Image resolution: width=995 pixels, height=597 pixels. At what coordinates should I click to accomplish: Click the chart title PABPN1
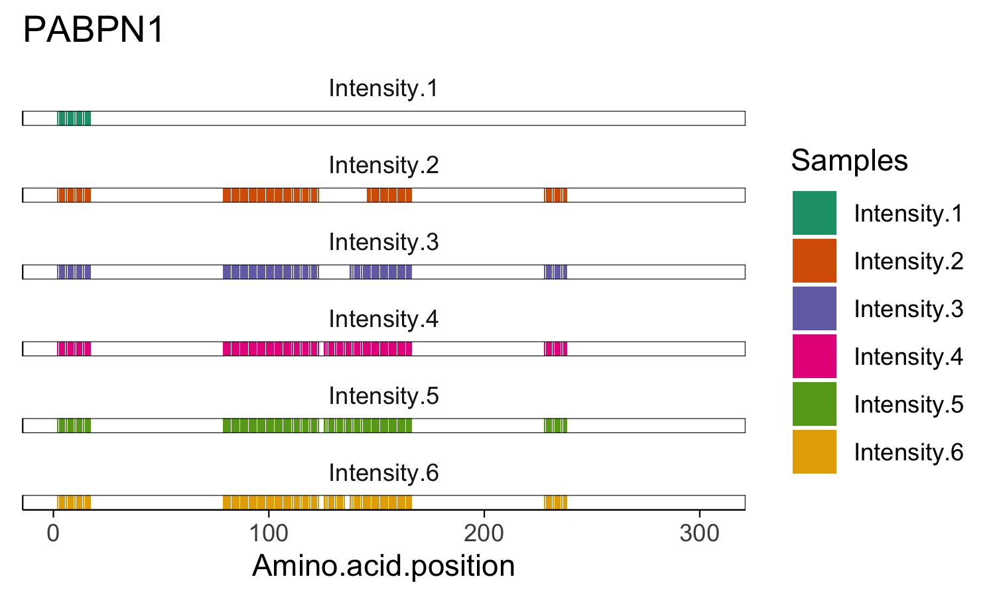tap(94, 31)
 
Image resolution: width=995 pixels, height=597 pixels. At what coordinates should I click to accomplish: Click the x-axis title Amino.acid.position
tap(383, 566)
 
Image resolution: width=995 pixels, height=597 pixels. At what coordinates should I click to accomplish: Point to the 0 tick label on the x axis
tap(53, 533)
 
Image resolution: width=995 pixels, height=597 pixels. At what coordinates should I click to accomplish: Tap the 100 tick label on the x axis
tap(268, 533)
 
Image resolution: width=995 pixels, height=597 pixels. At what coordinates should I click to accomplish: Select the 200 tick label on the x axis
tap(484, 533)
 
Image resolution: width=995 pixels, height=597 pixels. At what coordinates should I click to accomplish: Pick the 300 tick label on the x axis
tap(699, 533)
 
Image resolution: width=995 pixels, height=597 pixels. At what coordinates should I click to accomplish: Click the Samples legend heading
tap(849, 161)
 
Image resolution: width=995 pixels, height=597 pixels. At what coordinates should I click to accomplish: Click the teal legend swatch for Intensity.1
tap(814, 213)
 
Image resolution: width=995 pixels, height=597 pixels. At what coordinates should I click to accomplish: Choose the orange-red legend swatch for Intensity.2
tap(814, 261)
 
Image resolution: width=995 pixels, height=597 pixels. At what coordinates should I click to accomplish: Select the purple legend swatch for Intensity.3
tap(814, 308)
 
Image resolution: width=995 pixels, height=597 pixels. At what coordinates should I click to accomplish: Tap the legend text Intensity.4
tap(908, 357)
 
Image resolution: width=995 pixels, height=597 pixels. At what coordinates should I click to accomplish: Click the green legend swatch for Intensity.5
tap(814, 404)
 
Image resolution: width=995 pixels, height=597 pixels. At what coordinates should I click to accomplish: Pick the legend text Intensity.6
tap(908, 452)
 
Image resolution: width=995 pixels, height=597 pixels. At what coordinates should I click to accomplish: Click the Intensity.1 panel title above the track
tap(383, 88)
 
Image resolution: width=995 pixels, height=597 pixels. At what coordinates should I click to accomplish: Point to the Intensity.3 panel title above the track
tap(383, 242)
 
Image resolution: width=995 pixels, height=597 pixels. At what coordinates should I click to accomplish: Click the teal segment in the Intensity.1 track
tap(74, 119)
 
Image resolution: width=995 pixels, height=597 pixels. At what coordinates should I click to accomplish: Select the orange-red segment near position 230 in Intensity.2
tap(556, 195)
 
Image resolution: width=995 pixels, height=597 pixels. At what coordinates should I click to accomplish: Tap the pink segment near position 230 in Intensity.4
tap(556, 349)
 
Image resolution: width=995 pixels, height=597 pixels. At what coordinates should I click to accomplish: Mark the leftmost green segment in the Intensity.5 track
tap(74, 426)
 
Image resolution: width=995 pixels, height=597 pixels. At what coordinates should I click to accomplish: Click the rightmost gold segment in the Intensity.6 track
tap(556, 502)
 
